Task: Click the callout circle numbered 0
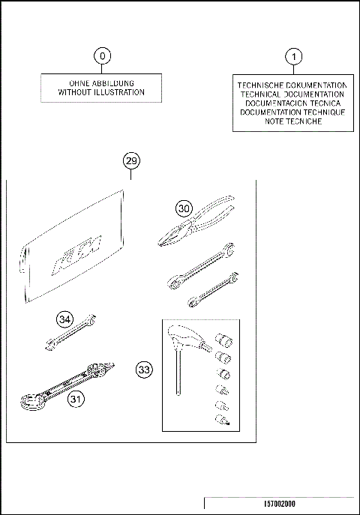103,55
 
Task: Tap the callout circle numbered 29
131,161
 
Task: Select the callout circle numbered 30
184,208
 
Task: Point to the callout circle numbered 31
76,400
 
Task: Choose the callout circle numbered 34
65,320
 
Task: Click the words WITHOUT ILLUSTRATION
102,93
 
